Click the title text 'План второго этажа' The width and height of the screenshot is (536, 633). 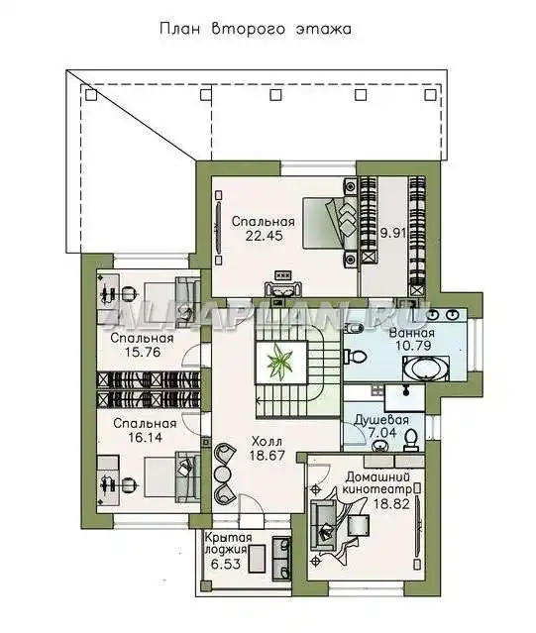click(x=256, y=29)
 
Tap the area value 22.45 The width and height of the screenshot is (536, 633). click(x=264, y=236)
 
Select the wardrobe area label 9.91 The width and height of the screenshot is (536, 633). click(x=392, y=234)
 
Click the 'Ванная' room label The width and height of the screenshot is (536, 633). click(x=412, y=333)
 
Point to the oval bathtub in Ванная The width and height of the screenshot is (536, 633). click(x=426, y=369)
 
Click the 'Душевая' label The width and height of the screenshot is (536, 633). click(x=381, y=420)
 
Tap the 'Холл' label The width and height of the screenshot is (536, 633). click(x=267, y=441)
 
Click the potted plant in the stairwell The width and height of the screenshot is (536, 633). click(x=278, y=362)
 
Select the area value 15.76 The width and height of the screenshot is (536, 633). click(x=143, y=352)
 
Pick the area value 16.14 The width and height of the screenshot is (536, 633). click(x=144, y=437)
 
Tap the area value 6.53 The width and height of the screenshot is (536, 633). click(x=226, y=564)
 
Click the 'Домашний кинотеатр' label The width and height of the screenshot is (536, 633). click(x=377, y=483)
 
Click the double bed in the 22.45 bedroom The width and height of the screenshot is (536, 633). click(x=330, y=222)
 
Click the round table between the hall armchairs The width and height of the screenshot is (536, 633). click(x=222, y=473)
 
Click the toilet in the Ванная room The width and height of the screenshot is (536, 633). click(x=355, y=357)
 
